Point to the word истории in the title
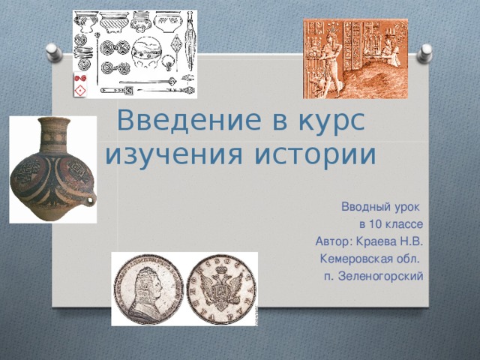[x=314, y=154]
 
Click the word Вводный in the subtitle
[x=366, y=207]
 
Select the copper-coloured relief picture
[x=355, y=58]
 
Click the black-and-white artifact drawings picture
[x=134, y=54]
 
